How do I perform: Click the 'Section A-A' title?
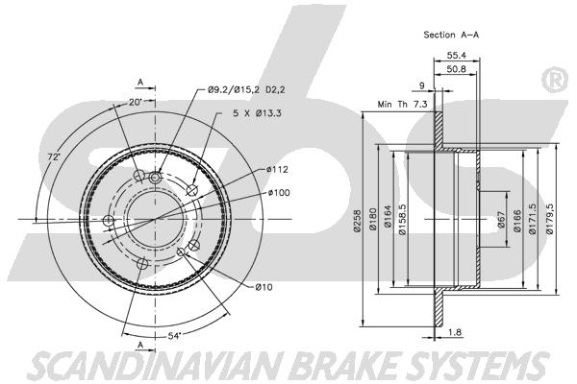click(451, 35)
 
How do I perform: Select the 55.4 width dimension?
click(456, 55)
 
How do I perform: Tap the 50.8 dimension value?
click(456, 69)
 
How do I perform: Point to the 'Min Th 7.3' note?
click(402, 105)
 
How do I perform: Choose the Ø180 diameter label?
click(372, 220)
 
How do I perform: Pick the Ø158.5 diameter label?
click(402, 220)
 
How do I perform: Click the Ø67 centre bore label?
click(501, 220)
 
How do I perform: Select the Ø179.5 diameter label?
click(549, 220)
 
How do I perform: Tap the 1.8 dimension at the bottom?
click(455, 332)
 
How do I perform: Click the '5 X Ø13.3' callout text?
click(257, 113)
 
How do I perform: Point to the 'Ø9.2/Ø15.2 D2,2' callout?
click(246, 89)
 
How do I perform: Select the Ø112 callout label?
click(278, 170)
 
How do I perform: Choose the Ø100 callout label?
click(279, 193)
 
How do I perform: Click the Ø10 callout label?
click(263, 287)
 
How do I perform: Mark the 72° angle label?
click(54, 156)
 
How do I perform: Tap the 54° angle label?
click(175, 336)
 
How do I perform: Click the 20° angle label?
click(136, 102)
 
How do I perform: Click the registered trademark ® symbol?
click(555, 80)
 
